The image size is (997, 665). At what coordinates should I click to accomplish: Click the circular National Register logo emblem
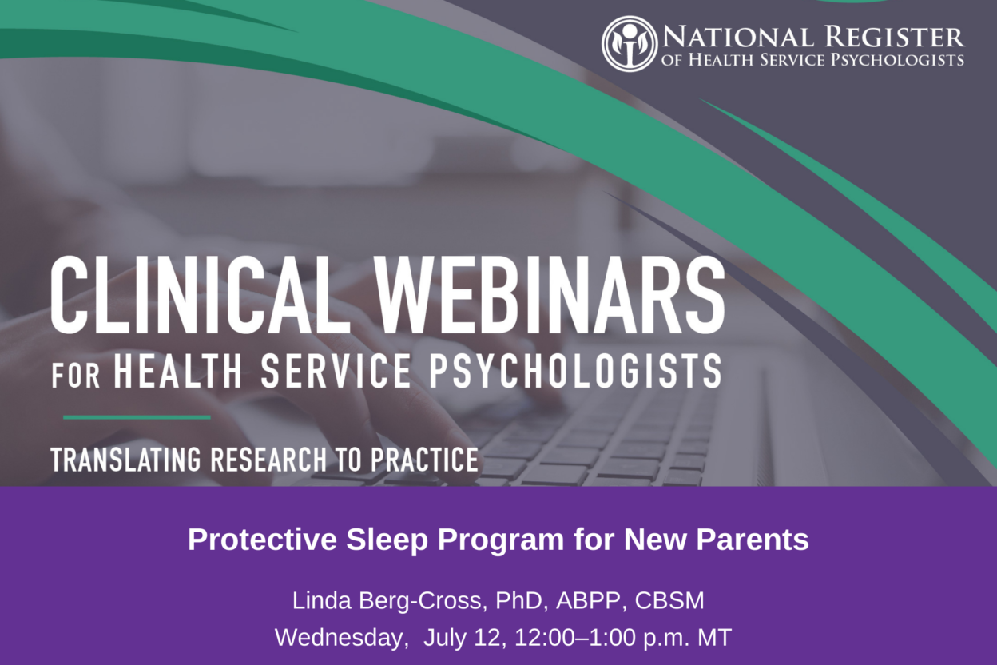pyautogui.click(x=630, y=44)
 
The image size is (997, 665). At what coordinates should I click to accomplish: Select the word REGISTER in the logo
pyautogui.click(x=895, y=37)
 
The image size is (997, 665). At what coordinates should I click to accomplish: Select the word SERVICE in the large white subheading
pyautogui.click(x=336, y=370)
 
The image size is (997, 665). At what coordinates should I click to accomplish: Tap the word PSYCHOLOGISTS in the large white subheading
pyautogui.click(x=574, y=370)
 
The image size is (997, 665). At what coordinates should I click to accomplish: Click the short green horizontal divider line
pyautogui.click(x=137, y=417)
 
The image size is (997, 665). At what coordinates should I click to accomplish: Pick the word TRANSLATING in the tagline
pyautogui.click(x=125, y=460)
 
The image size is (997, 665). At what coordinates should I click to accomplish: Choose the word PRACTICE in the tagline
pyautogui.click(x=425, y=460)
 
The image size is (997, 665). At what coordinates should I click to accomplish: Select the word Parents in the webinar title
pyautogui.click(x=753, y=540)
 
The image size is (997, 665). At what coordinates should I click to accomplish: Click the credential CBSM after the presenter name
pyautogui.click(x=669, y=601)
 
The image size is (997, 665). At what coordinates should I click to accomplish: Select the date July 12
pyautogui.click(x=465, y=638)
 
